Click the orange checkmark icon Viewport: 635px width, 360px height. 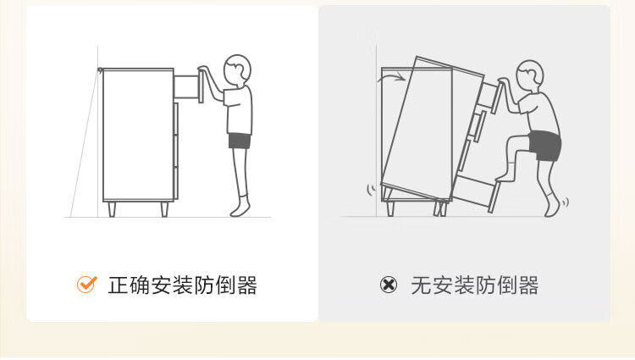[86, 285]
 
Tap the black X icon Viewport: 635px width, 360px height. [389, 285]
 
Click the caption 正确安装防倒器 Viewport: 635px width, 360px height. [182, 285]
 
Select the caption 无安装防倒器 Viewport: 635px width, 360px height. [474, 285]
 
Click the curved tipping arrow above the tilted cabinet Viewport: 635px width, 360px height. [393, 79]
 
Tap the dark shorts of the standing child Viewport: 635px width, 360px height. [240, 141]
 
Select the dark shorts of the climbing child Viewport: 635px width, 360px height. [544, 145]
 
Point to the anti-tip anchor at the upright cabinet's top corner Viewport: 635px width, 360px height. [101, 70]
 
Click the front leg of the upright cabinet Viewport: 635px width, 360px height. [164, 208]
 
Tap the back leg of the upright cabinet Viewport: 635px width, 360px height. [111, 208]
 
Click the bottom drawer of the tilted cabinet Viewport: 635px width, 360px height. [474, 191]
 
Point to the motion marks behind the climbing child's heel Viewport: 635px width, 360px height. [566, 202]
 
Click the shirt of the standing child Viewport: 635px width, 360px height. [240, 108]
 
